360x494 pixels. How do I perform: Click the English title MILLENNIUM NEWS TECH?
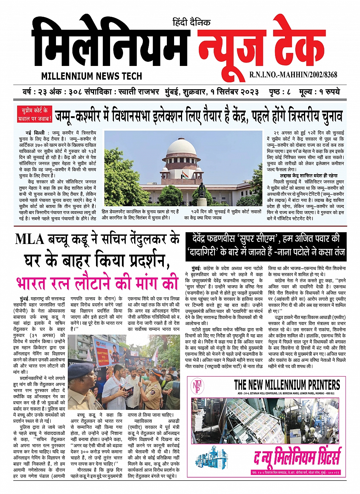click(x=91, y=75)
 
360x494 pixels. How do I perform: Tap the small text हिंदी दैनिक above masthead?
click(x=191, y=22)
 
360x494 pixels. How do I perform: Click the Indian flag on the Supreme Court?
click(x=185, y=175)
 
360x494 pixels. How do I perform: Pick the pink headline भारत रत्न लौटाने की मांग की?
click(x=97, y=283)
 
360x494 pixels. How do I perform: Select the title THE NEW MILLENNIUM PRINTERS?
click(x=286, y=384)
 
